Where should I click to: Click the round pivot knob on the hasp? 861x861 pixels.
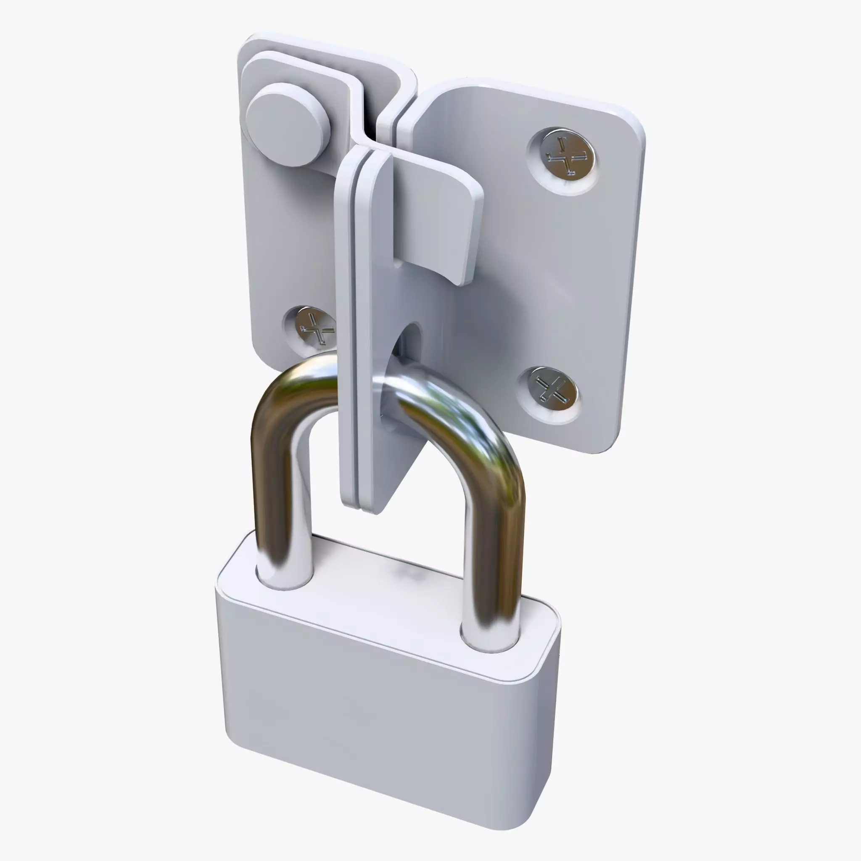tap(288, 124)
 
